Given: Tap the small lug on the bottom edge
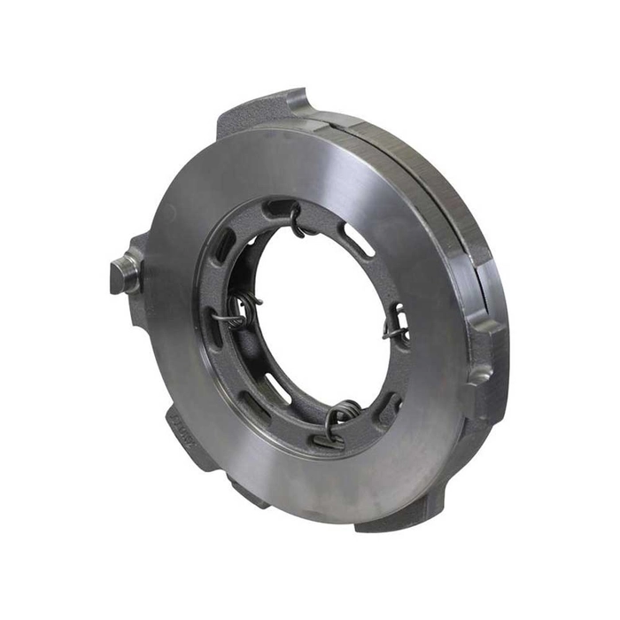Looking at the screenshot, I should coord(244,492).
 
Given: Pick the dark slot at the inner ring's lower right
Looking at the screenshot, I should coord(387,403).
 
